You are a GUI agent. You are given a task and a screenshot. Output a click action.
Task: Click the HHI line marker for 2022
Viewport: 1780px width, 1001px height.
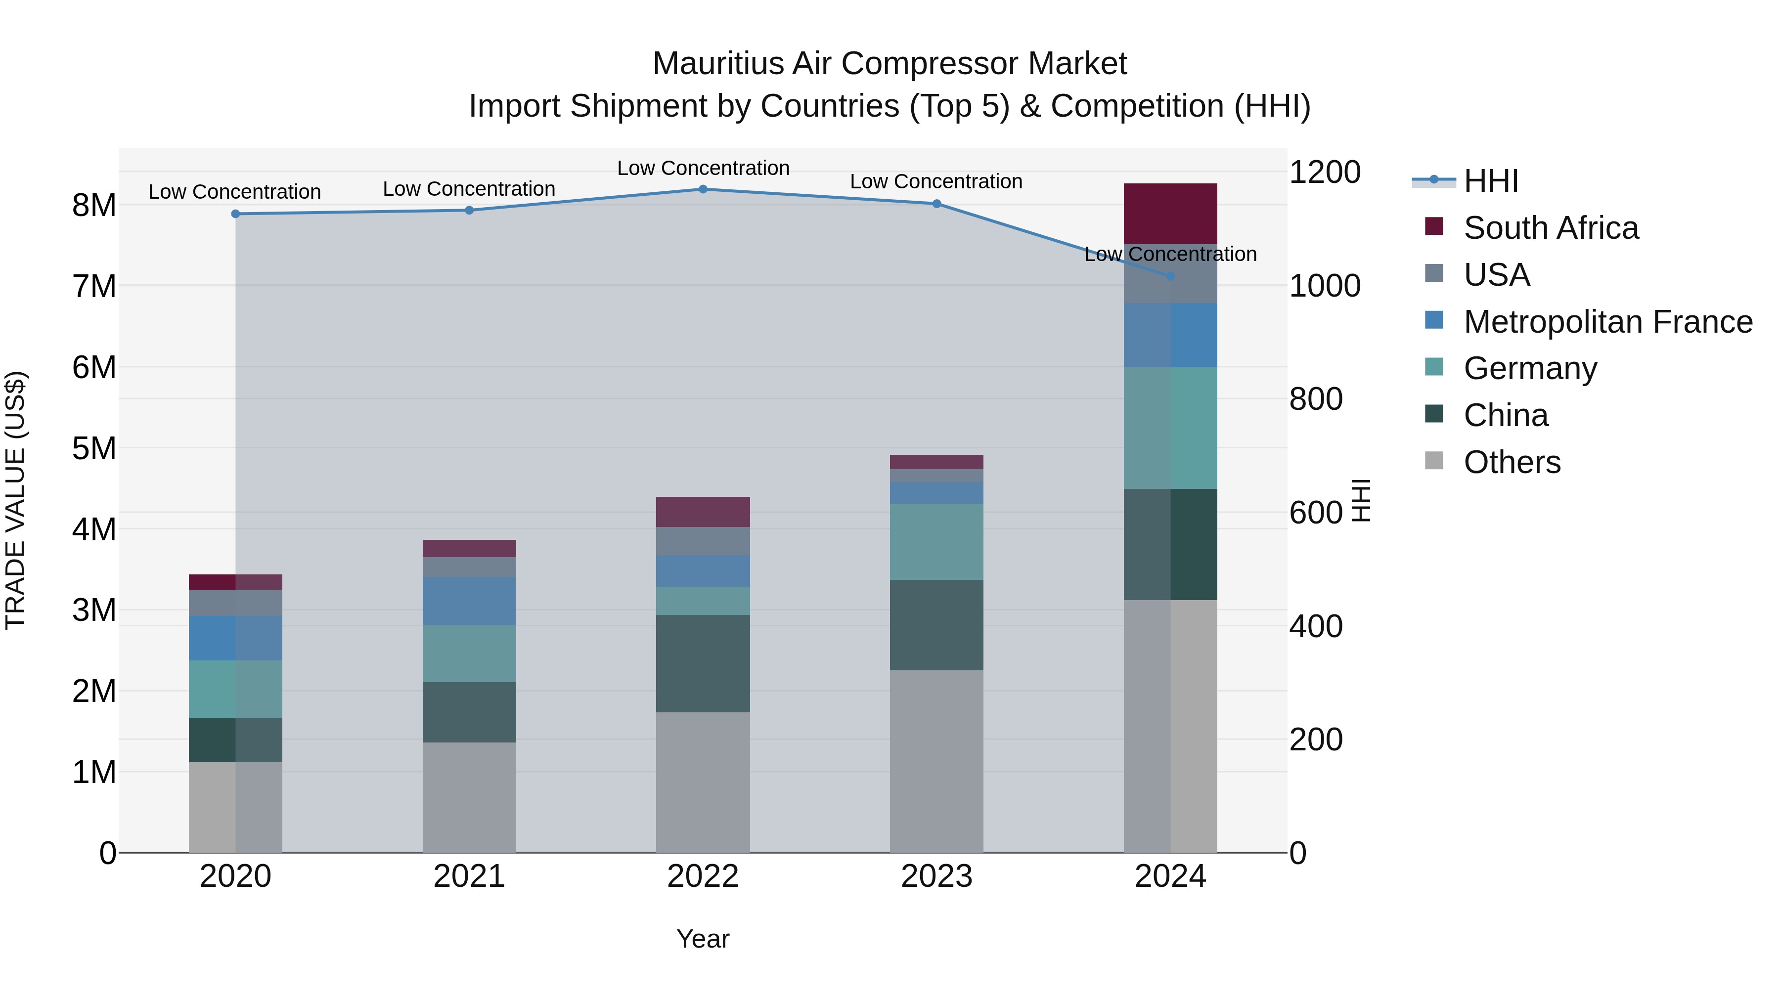coord(703,189)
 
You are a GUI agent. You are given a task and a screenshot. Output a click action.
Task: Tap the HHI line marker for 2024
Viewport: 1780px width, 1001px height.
coord(1170,276)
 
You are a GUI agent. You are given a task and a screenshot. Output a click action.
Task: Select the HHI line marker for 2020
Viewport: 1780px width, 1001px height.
coord(236,214)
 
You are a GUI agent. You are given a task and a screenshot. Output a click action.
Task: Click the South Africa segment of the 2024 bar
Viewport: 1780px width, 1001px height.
coord(1170,214)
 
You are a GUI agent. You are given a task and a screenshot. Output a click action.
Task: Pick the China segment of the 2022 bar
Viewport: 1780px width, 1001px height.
coord(703,663)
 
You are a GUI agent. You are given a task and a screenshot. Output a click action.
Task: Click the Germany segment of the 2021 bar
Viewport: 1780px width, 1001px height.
coord(469,653)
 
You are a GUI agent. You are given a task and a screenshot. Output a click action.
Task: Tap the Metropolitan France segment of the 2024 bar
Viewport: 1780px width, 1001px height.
coord(1170,335)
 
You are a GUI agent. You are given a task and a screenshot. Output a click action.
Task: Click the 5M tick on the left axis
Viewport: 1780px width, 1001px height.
coord(94,448)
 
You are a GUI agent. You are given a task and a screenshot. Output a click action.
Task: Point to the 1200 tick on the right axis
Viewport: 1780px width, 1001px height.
coord(1325,172)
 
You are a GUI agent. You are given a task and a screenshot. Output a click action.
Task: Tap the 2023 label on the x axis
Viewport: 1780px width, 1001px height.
coord(936,876)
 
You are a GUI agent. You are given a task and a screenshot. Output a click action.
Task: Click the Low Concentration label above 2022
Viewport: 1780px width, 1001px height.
coord(703,168)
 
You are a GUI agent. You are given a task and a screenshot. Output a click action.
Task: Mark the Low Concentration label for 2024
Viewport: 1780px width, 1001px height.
coord(1170,254)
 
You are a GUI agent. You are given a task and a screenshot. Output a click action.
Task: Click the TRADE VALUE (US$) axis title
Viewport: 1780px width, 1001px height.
coord(15,500)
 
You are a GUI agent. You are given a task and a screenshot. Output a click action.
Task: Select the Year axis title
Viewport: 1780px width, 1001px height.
coord(703,939)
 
